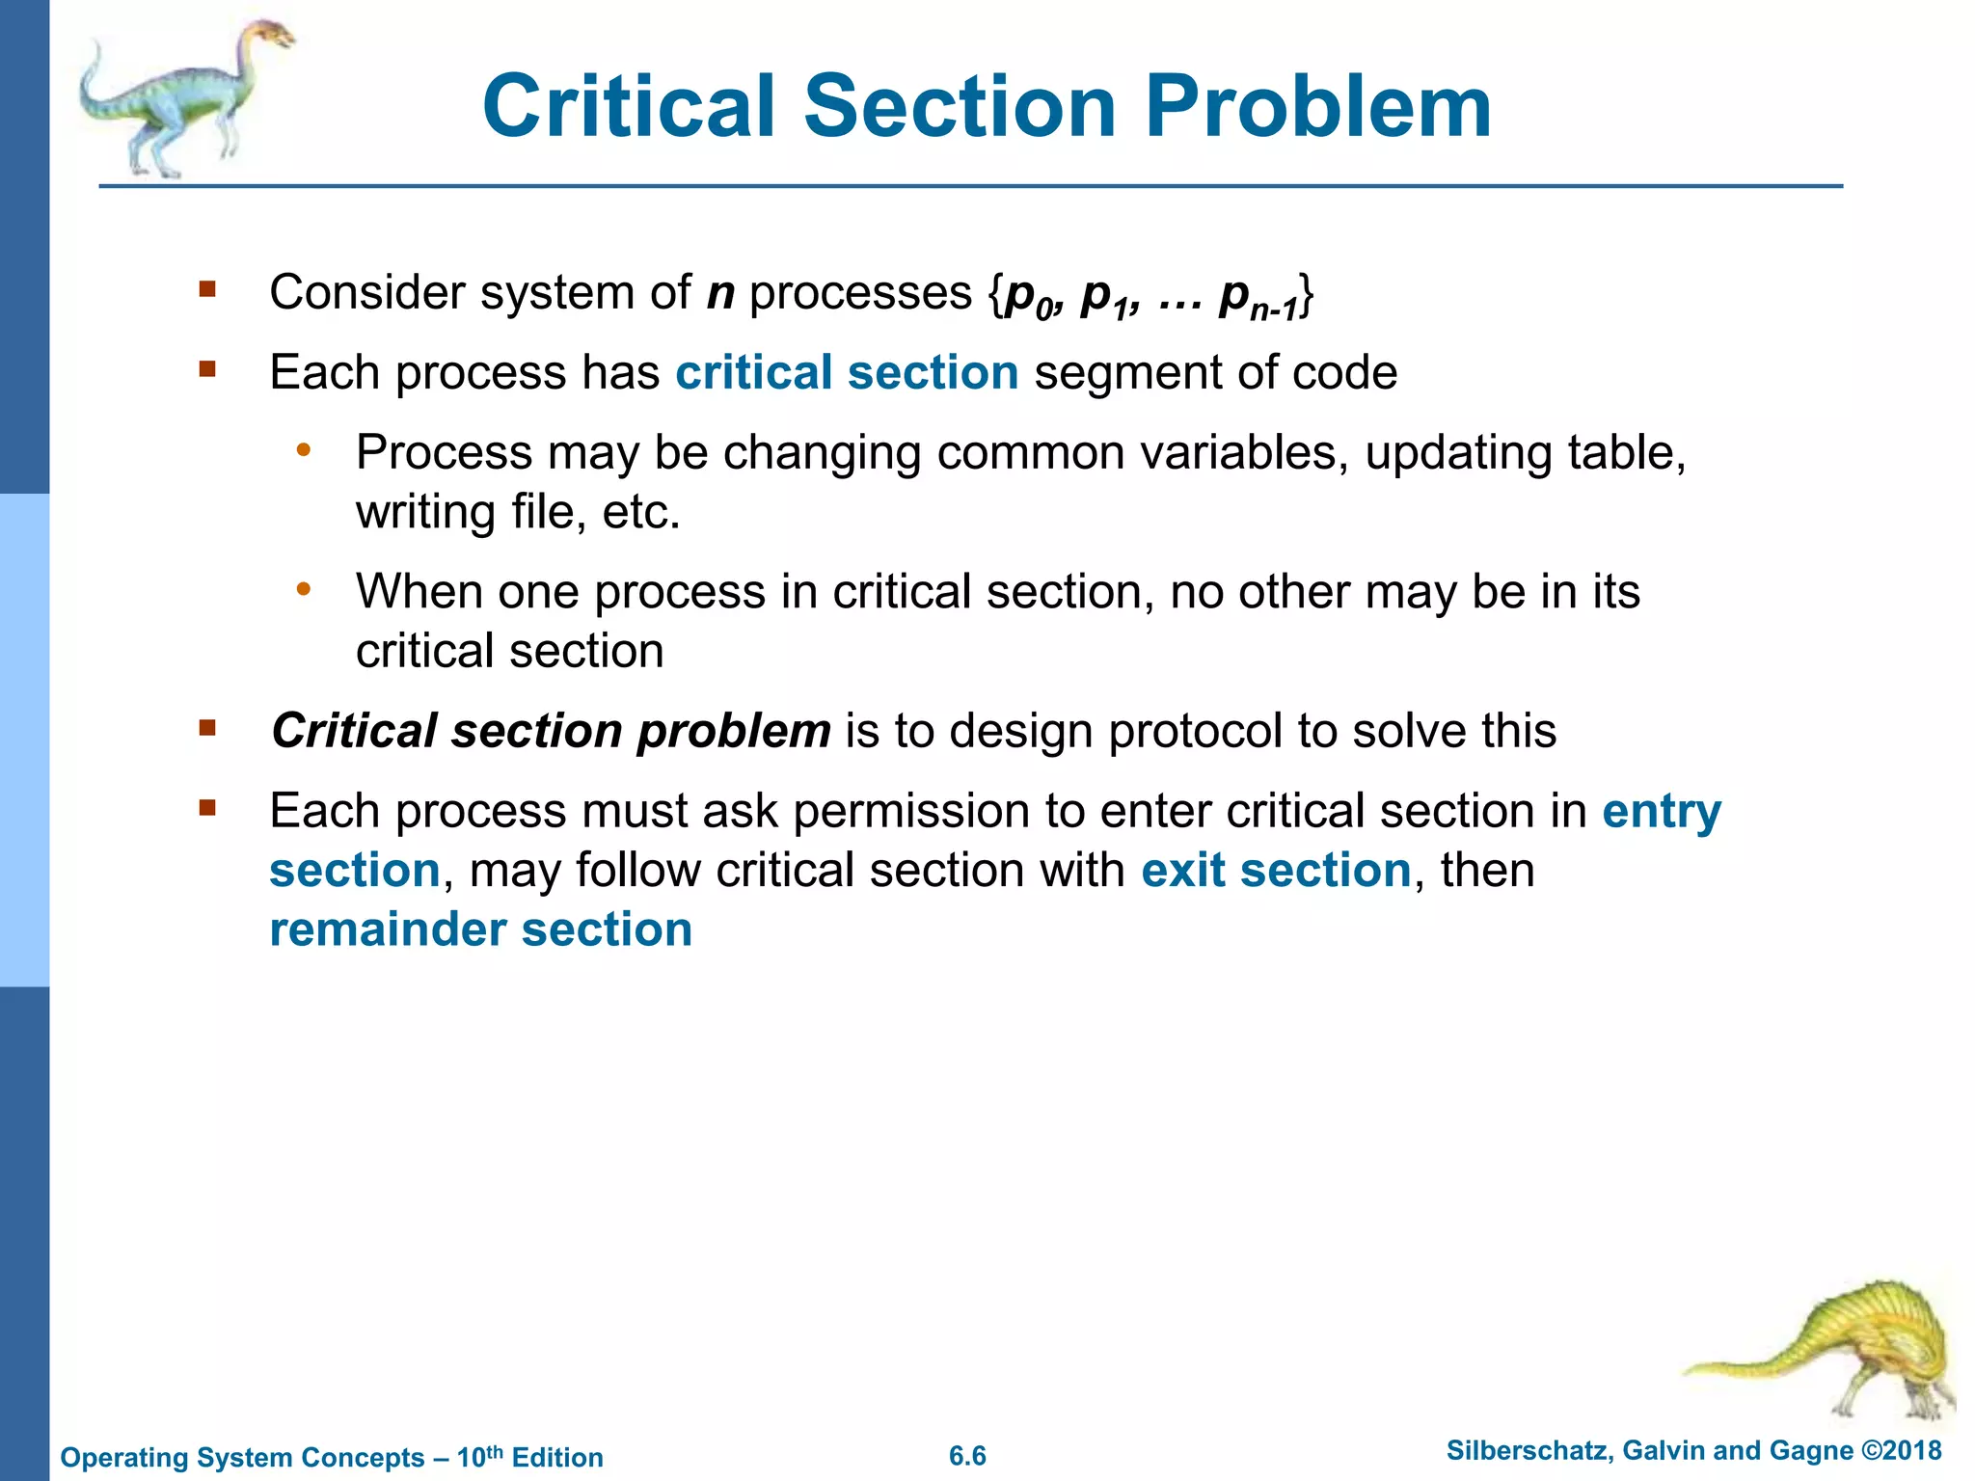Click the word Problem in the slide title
(x=1318, y=107)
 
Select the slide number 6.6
(x=967, y=1456)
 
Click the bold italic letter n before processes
(x=720, y=292)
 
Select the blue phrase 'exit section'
(x=1276, y=871)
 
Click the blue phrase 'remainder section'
(x=480, y=930)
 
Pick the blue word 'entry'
(x=1661, y=812)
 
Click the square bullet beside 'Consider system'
(x=206, y=289)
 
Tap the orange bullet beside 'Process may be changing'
(x=304, y=449)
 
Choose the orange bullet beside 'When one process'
(x=304, y=588)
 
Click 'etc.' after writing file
(x=640, y=512)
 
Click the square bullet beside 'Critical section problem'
(x=206, y=728)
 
